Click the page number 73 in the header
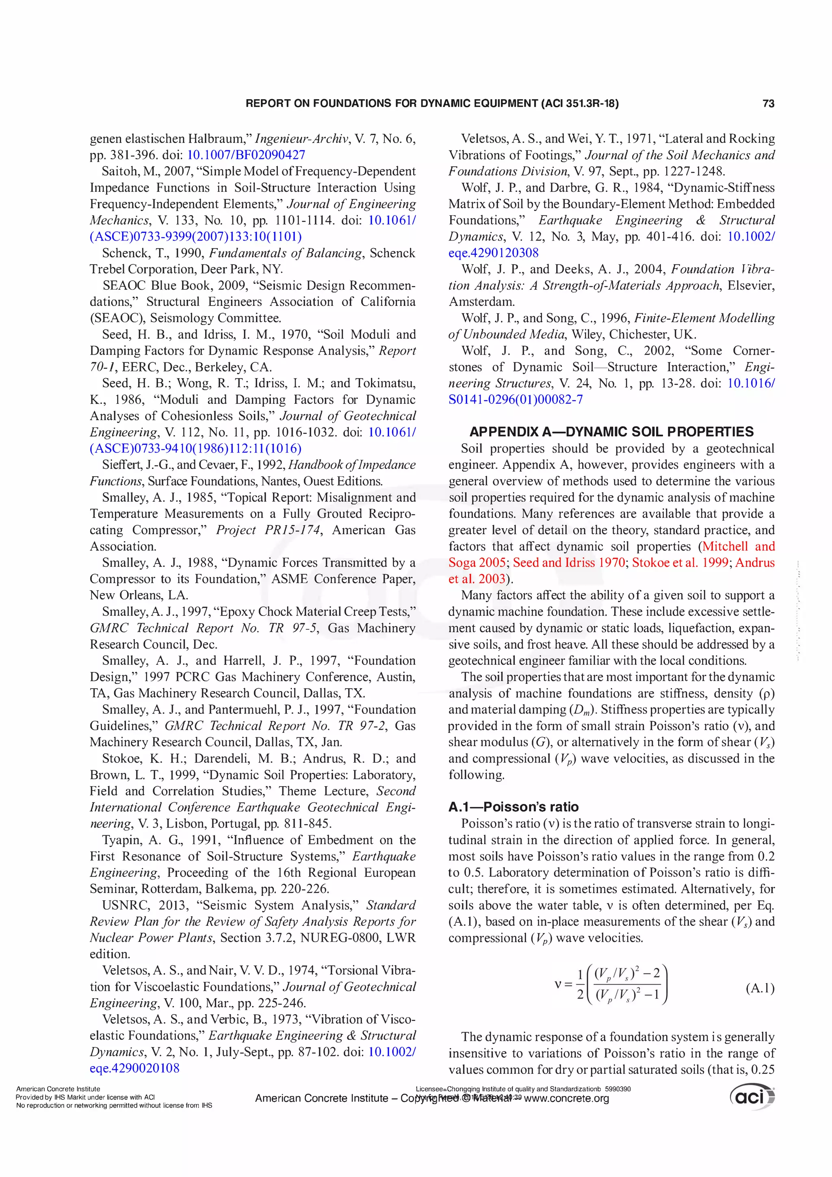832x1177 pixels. pos(768,104)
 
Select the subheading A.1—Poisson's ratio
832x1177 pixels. pos(513,807)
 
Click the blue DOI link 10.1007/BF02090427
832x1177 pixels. pos(246,155)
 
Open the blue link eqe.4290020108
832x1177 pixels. pos(134,1069)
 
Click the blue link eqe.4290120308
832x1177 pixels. pos(493,253)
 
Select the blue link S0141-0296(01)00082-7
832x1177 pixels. pos(515,399)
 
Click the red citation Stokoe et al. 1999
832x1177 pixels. pos(680,562)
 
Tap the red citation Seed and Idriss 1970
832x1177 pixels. pos(568,562)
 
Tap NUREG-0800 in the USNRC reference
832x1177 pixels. pos(342,938)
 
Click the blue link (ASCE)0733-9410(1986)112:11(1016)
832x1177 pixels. pos(195,449)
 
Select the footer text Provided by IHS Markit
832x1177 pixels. pos(51,1097)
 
